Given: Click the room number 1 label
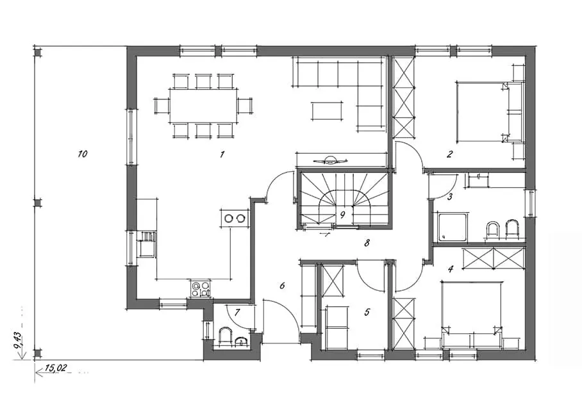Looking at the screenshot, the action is pyautogui.click(x=222, y=154).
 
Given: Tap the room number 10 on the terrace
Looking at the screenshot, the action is pyautogui.click(x=83, y=154).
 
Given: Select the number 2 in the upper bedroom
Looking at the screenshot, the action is pyautogui.click(x=450, y=154).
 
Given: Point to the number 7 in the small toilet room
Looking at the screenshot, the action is pyautogui.click(x=238, y=313).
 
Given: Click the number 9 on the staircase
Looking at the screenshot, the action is pyautogui.click(x=342, y=214).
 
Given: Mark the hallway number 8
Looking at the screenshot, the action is pyautogui.click(x=367, y=243).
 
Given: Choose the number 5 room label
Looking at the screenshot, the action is pyautogui.click(x=367, y=312).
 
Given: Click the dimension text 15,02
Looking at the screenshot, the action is pyautogui.click(x=55, y=368).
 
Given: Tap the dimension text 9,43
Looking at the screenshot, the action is pyautogui.click(x=17, y=340).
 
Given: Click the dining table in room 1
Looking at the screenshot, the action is pyautogui.click(x=203, y=106).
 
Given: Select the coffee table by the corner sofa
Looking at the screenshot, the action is pyautogui.click(x=327, y=111).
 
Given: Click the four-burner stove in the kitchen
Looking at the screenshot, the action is pyautogui.click(x=200, y=288).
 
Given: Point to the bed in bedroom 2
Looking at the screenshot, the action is pyautogui.click(x=483, y=112).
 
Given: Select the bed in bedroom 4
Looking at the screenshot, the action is pyautogui.click(x=472, y=306).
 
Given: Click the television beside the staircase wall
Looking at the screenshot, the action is pyautogui.click(x=330, y=161).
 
